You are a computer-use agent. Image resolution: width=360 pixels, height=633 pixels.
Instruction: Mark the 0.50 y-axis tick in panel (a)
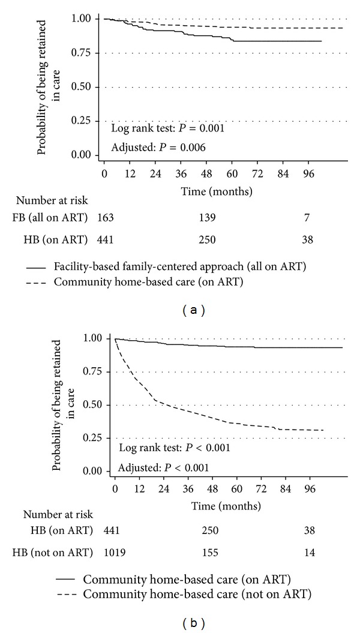point(84,87)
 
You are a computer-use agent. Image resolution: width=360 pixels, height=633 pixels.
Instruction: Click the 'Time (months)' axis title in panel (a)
point(209,192)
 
